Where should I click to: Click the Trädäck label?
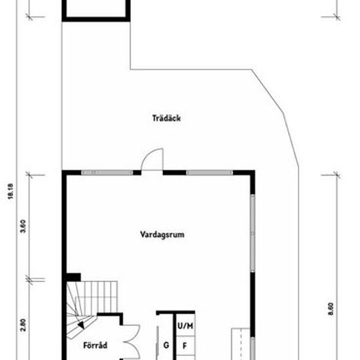pyautogui.click(x=166, y=118)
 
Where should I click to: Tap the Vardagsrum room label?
pyautogui.click(x=162, y=234)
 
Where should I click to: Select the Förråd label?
pyautogui.click(x=96, y=346)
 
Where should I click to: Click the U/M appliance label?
pyautogui.click(x=185, y=326)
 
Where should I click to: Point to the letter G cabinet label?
pyautogui.click(x=166, y=345)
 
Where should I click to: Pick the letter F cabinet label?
pyautogui.click(x=185, y=346)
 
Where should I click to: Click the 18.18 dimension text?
pyautogui.click(x=10, y=191)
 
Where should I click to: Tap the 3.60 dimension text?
pyautogui.click(x=23, y=226)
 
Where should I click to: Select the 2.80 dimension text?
pyautogui.click(x=23, y=325)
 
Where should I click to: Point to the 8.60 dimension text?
pyautogui.click(x=331, y=309)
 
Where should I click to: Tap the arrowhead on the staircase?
pyautogui.click(x=81, y=325)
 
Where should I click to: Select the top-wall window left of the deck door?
pyautogui.click(x=107, y=173)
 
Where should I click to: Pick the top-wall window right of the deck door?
pyautogui.click(x=209, y=173)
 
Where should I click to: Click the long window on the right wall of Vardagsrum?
pyautogui.click(x=253, y=233)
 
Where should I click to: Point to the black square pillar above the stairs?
pyautogui.click(x=73, y=277)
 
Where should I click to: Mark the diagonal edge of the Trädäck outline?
pyautogui.click(x=268, y=90)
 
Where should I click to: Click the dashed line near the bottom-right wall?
pyautogui.click(x=241, y=344)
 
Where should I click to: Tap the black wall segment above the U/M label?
pyautogui.click(x=175, y=312)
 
